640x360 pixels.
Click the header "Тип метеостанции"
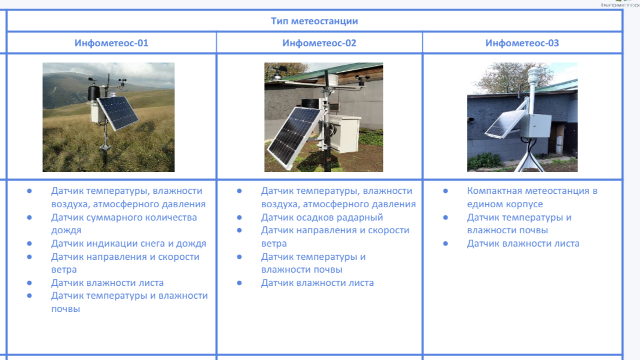click(314, 21)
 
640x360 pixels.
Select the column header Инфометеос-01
click(111, 43)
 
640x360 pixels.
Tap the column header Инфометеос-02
click(319, 43)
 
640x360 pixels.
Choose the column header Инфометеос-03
click(522, 43)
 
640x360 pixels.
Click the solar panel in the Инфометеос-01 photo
click(118, 112)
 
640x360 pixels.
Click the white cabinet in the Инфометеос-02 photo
click(345, 133)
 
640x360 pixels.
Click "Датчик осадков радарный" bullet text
click(322, 217)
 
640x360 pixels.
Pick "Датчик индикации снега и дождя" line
click(129, 244)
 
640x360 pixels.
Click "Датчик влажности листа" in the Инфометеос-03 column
click(523, 244)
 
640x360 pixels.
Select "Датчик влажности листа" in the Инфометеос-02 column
click(317, 282)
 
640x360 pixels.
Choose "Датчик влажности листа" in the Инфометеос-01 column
click(107, 282)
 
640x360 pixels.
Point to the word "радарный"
click(360, 218)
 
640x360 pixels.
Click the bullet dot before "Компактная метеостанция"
click(445, 190)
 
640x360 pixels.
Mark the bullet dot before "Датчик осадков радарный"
click(239, 217)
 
